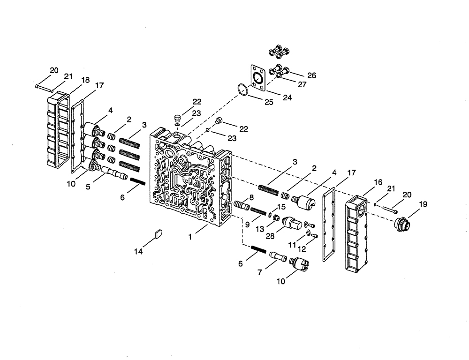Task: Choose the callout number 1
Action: point(190,237)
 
